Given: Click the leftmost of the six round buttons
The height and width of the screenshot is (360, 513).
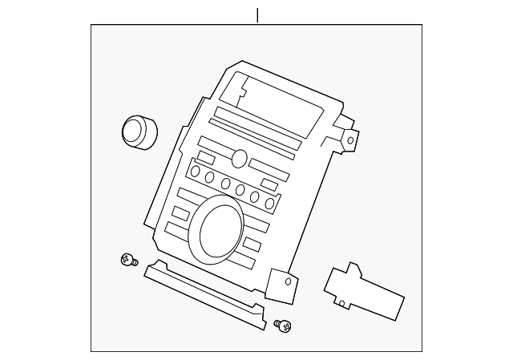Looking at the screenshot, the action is [195, 172].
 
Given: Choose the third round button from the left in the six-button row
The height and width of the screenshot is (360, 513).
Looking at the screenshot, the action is [225, 184].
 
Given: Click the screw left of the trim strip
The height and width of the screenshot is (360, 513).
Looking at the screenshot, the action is [127, 259].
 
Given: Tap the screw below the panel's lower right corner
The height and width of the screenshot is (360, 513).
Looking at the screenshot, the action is [283, 325].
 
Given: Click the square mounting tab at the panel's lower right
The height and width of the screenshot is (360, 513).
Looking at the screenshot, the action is [281, 285].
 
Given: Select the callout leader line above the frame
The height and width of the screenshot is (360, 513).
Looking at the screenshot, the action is [257, 15].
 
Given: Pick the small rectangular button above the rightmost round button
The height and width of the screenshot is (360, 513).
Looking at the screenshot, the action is [269, 184].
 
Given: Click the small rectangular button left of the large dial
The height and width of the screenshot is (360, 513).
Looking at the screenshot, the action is [180, 212].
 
